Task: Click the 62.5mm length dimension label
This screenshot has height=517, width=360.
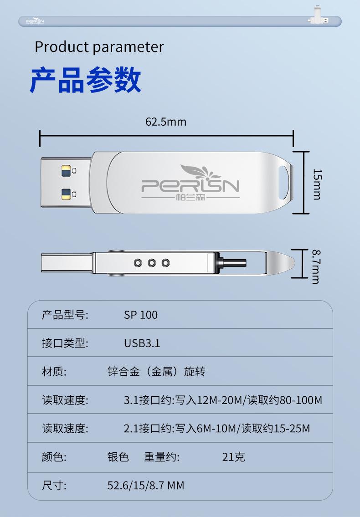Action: click(x=166, y=122)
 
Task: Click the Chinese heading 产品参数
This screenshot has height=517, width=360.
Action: click(x=86, y=80)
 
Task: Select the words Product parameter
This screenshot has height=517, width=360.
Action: click(x=99, y=47)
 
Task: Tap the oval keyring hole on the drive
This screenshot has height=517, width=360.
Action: click(x=284, y=182)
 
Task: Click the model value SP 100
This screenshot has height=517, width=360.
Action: click(x=141, y=315)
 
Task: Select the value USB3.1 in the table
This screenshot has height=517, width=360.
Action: click(x=142, y=343)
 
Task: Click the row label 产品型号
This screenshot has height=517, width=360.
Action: click(x=65, y=315)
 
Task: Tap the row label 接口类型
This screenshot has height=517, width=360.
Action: click(x=65, y=343)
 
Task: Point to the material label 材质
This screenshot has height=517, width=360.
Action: click(x=54, y=372)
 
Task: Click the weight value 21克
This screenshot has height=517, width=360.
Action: click(x=233, y=456)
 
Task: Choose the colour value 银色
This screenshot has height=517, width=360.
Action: click(x=118, y=456)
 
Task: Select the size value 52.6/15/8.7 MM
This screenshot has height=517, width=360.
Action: click(x=146, y=486)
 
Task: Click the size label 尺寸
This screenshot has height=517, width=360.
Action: click(x=54, y=486)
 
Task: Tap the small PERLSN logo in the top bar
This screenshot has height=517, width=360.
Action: click(x=34, y=21)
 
